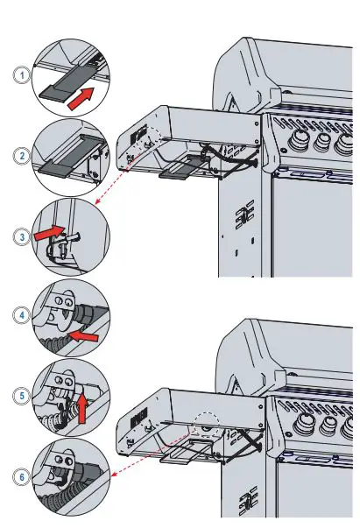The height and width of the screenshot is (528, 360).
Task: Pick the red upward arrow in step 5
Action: (83, 405)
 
